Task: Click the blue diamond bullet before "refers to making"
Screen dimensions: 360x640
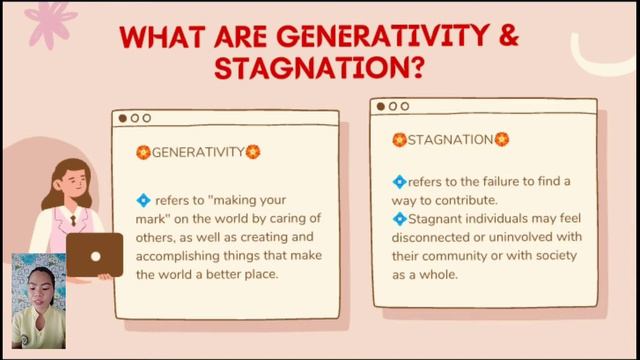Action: [x=143, y=200]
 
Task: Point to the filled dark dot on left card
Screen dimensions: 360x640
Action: [x=123, y=117]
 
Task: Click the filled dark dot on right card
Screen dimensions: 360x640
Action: [x=380, y=106]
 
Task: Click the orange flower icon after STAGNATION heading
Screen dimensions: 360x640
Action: [x=502, y=140]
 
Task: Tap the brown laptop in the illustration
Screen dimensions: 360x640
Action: [x=97, y=255]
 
